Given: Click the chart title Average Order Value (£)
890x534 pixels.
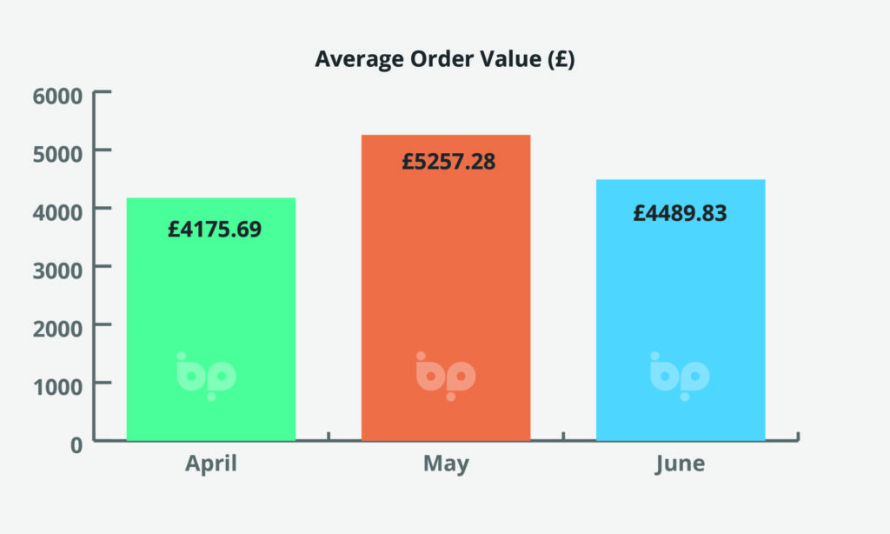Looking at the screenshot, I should coord(444,60).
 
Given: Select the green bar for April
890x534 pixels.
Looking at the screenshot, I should coord(211,296).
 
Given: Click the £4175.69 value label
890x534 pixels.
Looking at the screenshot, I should coord(215,230).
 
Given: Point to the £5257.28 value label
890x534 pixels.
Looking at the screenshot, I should coord(448,161).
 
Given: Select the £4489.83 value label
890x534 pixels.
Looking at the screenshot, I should coord(680,212).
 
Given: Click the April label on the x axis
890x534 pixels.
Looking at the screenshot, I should coord(211,464).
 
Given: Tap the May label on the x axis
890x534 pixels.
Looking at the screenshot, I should coord(446,464).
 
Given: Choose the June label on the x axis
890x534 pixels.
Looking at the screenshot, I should coord(680,464).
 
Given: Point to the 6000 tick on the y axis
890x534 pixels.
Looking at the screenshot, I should coord(57,94).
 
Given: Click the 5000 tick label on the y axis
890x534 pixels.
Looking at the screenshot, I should coord(57,151).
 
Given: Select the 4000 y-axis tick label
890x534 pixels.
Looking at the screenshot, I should coord(57,210).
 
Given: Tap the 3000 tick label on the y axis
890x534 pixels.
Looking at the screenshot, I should coord(57,268).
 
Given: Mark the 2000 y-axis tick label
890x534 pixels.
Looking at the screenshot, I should coord(57,326).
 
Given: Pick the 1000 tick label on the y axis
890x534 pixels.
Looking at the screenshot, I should coord(57,384).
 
